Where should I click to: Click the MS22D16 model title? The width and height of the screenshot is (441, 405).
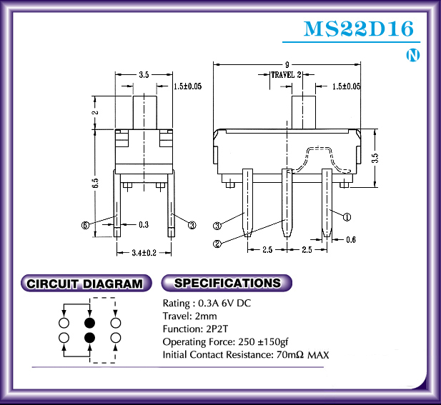(x=359, y=29)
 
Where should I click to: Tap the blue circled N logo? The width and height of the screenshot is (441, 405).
(x=413, y=56)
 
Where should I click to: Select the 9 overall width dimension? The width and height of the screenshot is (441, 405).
(x=287, y=65)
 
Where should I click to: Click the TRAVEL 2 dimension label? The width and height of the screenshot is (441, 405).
(x=286, y=75)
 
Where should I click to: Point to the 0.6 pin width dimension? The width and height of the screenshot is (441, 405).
(x=351, y=240)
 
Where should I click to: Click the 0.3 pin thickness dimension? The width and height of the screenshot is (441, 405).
(x=144, y=224)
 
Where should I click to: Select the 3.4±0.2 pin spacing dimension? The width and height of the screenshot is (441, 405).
(x=144, y=253)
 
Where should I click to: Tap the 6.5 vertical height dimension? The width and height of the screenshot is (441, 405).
(x=96, y=184)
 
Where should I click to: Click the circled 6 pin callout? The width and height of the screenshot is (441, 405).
(x=85, y=225)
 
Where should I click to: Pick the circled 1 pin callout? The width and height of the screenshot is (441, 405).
(x=347, y=217)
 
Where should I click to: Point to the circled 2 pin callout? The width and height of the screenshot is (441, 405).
(x=217, y=244)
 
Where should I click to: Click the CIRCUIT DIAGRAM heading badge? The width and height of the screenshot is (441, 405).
(x=86, y=284)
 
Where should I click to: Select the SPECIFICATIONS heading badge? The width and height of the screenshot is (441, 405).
(x=227, y=283)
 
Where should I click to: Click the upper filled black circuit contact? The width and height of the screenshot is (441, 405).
(x=90, y=323)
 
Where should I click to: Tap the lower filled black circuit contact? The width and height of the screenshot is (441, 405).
(x=90, y=338)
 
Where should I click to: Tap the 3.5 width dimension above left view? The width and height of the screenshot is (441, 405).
(x=144, y=75)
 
